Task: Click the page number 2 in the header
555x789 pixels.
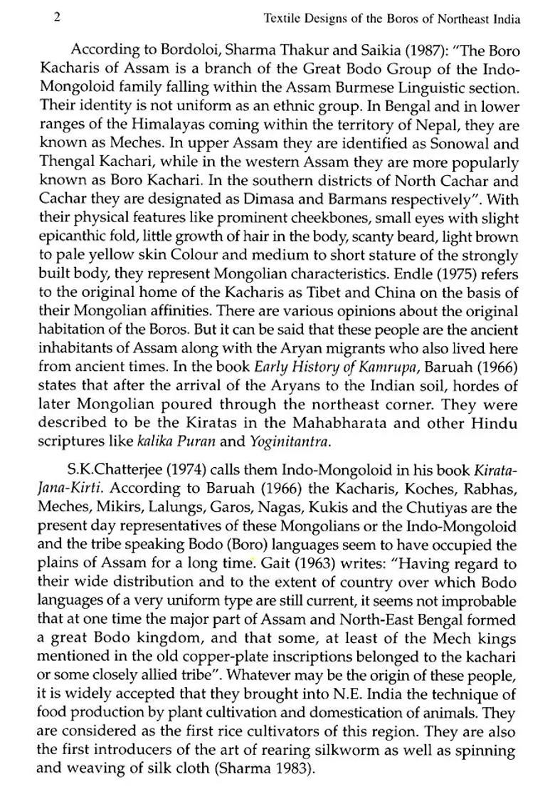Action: (x=57, y=18)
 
